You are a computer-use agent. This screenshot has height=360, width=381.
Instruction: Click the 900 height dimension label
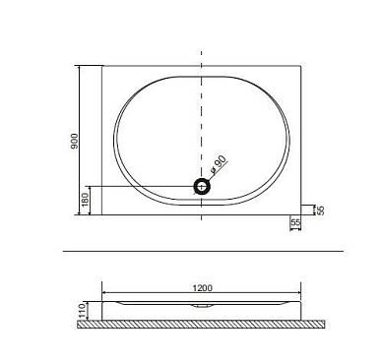75,142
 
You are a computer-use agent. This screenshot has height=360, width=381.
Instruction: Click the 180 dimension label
85,200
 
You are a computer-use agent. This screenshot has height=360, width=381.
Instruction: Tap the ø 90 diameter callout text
219,164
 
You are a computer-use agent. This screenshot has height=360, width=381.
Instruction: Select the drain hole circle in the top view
202,187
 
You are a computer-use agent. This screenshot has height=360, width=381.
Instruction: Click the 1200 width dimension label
202,288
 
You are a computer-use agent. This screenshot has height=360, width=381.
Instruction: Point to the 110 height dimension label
82,311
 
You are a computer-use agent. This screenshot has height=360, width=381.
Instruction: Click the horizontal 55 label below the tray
295,222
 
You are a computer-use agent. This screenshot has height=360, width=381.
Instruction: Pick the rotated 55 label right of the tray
321,210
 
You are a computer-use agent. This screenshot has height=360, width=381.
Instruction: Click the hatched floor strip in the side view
201,325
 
